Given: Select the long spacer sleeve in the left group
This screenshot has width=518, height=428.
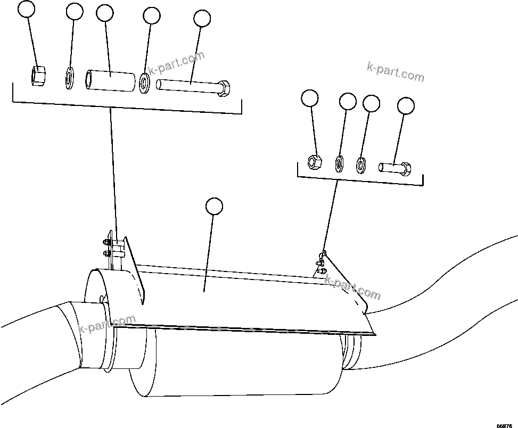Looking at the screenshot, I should click(x=110, y=80).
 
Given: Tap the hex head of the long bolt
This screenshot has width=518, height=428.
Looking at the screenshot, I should click(x=224, y=88).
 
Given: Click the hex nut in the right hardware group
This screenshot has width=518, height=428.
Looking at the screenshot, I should click(x=315, y=160).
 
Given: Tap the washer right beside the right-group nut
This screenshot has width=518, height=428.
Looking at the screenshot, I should click(x=339, y=162).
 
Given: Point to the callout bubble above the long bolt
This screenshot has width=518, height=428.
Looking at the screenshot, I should click(x=202, y=18).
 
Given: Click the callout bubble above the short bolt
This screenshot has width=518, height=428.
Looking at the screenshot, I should click(x=406, y=106).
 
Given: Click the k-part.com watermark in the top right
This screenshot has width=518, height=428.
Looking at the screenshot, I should click(x=396, y=72).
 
